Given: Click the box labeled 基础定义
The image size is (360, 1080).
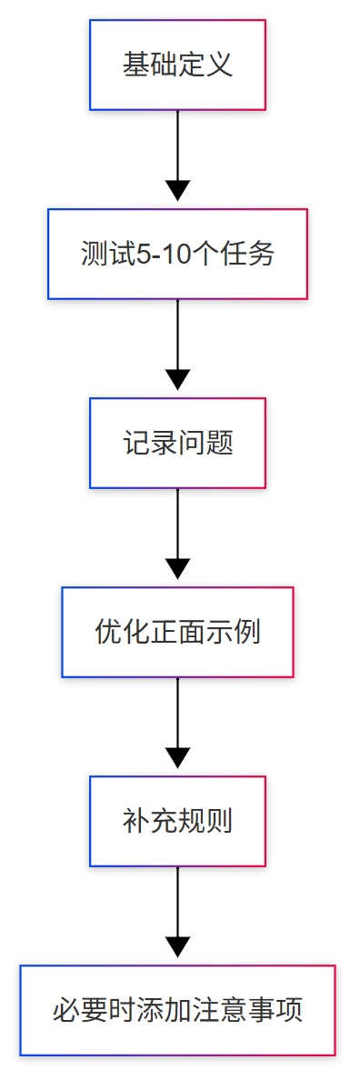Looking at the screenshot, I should pos(177,65).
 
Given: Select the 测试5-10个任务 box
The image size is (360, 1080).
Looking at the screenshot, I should pos(177,255).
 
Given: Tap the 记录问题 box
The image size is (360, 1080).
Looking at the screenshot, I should pos(177,444).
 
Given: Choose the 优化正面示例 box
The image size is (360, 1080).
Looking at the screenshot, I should pos(177,633).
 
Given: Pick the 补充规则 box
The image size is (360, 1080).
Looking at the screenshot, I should pos(177,822).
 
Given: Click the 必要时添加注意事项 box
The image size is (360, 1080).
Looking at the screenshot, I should pos(177,1011).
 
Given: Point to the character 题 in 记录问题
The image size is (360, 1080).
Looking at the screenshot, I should pos(220,444).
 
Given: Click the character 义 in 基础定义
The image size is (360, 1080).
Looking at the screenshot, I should pos(220,65).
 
